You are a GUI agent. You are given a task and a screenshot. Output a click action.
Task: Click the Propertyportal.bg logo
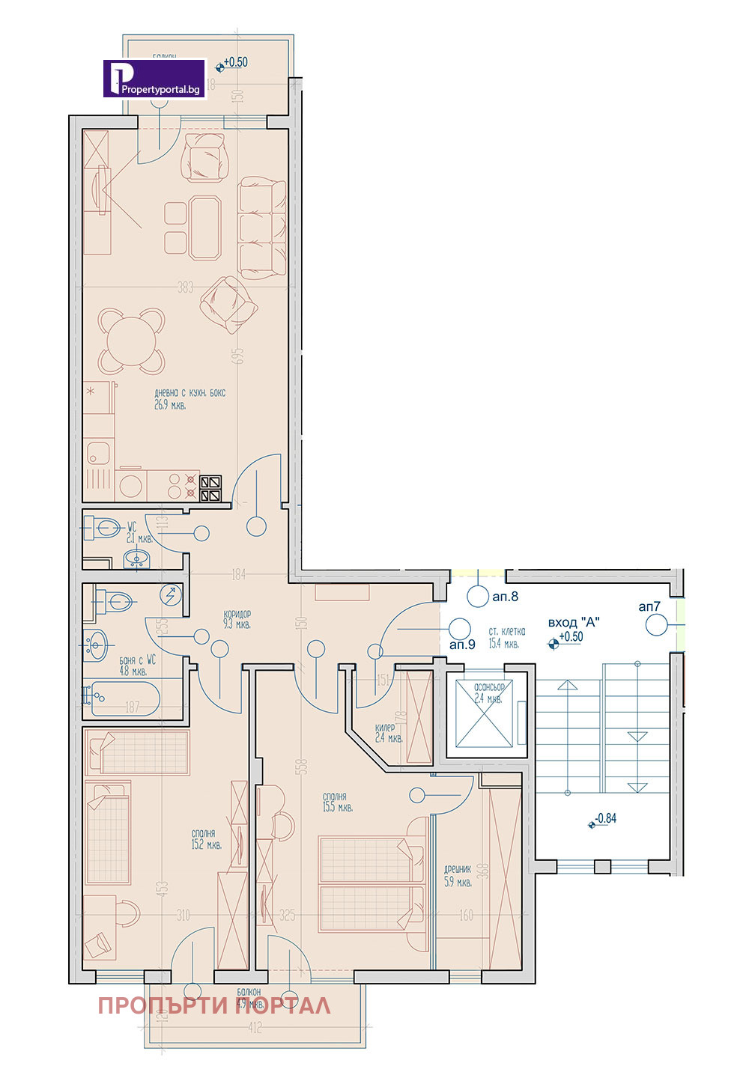tap(154, 79)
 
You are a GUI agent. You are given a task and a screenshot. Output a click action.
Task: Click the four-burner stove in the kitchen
tap(210, 488)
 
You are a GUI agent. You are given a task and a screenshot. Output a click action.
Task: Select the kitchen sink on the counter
tap(98, 452)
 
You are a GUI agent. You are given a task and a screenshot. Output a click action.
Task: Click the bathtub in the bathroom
tap(122, 698)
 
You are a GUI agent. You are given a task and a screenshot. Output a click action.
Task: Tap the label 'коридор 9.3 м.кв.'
tap(237, 618)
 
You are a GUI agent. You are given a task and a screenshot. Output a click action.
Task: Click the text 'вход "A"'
tap(574, 622)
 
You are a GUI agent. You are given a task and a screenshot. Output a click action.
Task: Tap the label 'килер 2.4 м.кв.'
tap(389, 732)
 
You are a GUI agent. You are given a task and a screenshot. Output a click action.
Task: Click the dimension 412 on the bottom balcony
tap(255, 1029)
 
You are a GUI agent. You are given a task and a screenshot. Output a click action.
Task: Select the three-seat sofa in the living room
tap(262, 228)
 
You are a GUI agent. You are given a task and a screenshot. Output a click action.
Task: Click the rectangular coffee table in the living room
tap(204, 227)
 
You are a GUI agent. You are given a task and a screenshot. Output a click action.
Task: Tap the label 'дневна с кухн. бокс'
tap(189, 393)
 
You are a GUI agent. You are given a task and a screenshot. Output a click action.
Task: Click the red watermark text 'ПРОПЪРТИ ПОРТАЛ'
tap(213, 1005)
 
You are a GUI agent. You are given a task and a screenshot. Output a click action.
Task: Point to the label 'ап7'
tap(649, 606)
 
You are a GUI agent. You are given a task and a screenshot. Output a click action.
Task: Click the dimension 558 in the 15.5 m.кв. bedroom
tap(302, 767)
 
